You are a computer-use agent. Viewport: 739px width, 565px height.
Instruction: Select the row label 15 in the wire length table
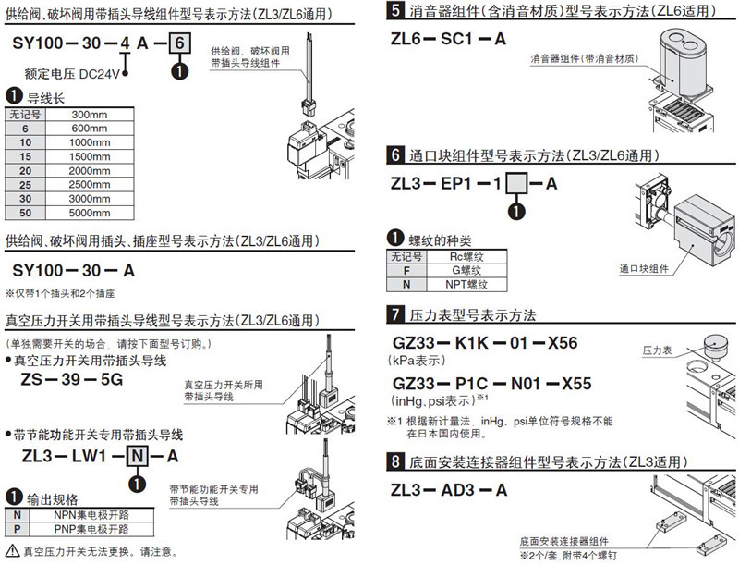click(x=26, y=158)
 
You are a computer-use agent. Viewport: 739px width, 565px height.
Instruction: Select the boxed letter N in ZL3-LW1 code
click(x=135, y=456)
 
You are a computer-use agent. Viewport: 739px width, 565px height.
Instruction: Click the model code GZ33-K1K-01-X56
click(x=484, y=343)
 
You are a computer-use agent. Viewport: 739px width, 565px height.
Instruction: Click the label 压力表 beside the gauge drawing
click(x=656, y=351)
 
